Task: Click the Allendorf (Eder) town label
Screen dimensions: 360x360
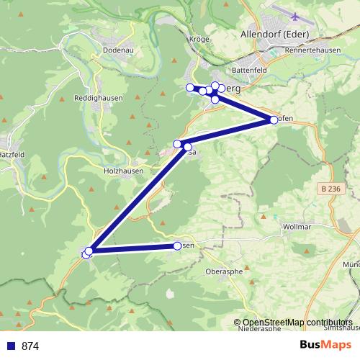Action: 273,33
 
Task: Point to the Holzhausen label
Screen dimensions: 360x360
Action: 124,171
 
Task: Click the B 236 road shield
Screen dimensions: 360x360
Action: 331,189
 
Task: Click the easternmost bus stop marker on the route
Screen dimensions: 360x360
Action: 274,120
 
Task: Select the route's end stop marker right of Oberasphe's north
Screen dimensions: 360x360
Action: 178,246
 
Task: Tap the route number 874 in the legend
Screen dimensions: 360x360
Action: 30,346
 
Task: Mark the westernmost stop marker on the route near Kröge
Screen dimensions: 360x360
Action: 190,88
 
